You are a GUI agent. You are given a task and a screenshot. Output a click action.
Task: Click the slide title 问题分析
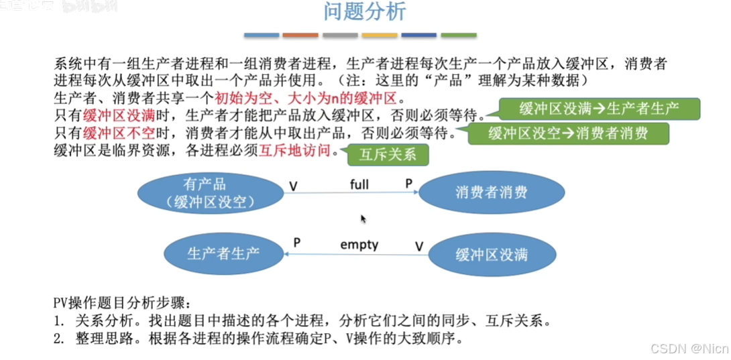365,12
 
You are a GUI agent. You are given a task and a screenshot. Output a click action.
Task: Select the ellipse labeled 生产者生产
223,253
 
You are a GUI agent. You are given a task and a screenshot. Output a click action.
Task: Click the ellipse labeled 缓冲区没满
492,253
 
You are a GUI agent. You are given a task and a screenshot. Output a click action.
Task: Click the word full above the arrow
359,184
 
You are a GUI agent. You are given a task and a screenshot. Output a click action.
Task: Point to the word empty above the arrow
359,245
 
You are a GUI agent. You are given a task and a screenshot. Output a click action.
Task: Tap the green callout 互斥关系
388,155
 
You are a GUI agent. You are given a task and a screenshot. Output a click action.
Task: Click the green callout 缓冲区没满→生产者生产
599,109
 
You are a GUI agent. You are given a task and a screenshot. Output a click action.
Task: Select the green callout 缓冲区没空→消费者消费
568,133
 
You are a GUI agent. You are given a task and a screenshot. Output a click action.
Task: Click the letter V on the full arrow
293,186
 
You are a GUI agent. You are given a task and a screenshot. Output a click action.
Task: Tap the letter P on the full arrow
409,184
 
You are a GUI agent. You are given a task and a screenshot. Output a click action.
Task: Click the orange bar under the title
300,35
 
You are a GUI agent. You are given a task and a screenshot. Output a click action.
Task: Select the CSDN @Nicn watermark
691,349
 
